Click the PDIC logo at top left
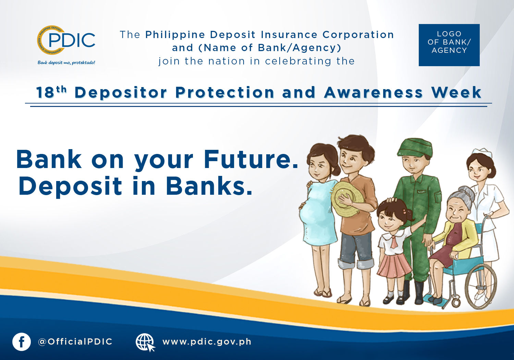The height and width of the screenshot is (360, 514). tap(66, 40)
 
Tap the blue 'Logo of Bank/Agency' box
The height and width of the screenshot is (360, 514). tap(449, 45)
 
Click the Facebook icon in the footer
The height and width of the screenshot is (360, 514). tap(22, 342)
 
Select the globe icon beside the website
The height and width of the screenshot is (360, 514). tap(145, 342)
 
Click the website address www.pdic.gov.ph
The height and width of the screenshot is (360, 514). tap(207, 341)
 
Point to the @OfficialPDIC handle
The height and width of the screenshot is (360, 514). tap(75, 341)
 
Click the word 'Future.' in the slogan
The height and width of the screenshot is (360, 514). tap(251, 159)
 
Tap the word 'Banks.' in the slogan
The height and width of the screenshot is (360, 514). tap(209, 185)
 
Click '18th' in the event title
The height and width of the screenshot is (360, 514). tap(51, 92)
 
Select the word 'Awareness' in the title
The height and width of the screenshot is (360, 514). tap(374, 93)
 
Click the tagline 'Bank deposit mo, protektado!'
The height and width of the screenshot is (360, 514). tap(66, 62)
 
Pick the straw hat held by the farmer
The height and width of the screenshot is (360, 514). tap(347, 198)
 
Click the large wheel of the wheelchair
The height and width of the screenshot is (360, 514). tap(481, 286)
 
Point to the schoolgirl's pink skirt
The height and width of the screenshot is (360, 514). tap(394, 265)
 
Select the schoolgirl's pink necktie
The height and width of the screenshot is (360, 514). tap(394, 242)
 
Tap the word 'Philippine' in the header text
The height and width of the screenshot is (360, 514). tap(175, 35)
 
